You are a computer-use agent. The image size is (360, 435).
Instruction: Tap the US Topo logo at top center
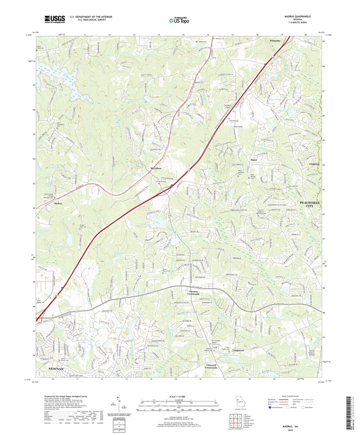180,19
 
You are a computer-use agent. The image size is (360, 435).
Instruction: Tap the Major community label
254,160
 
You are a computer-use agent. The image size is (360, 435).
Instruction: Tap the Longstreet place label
239,350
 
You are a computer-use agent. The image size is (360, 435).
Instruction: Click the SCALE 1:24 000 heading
180,397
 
